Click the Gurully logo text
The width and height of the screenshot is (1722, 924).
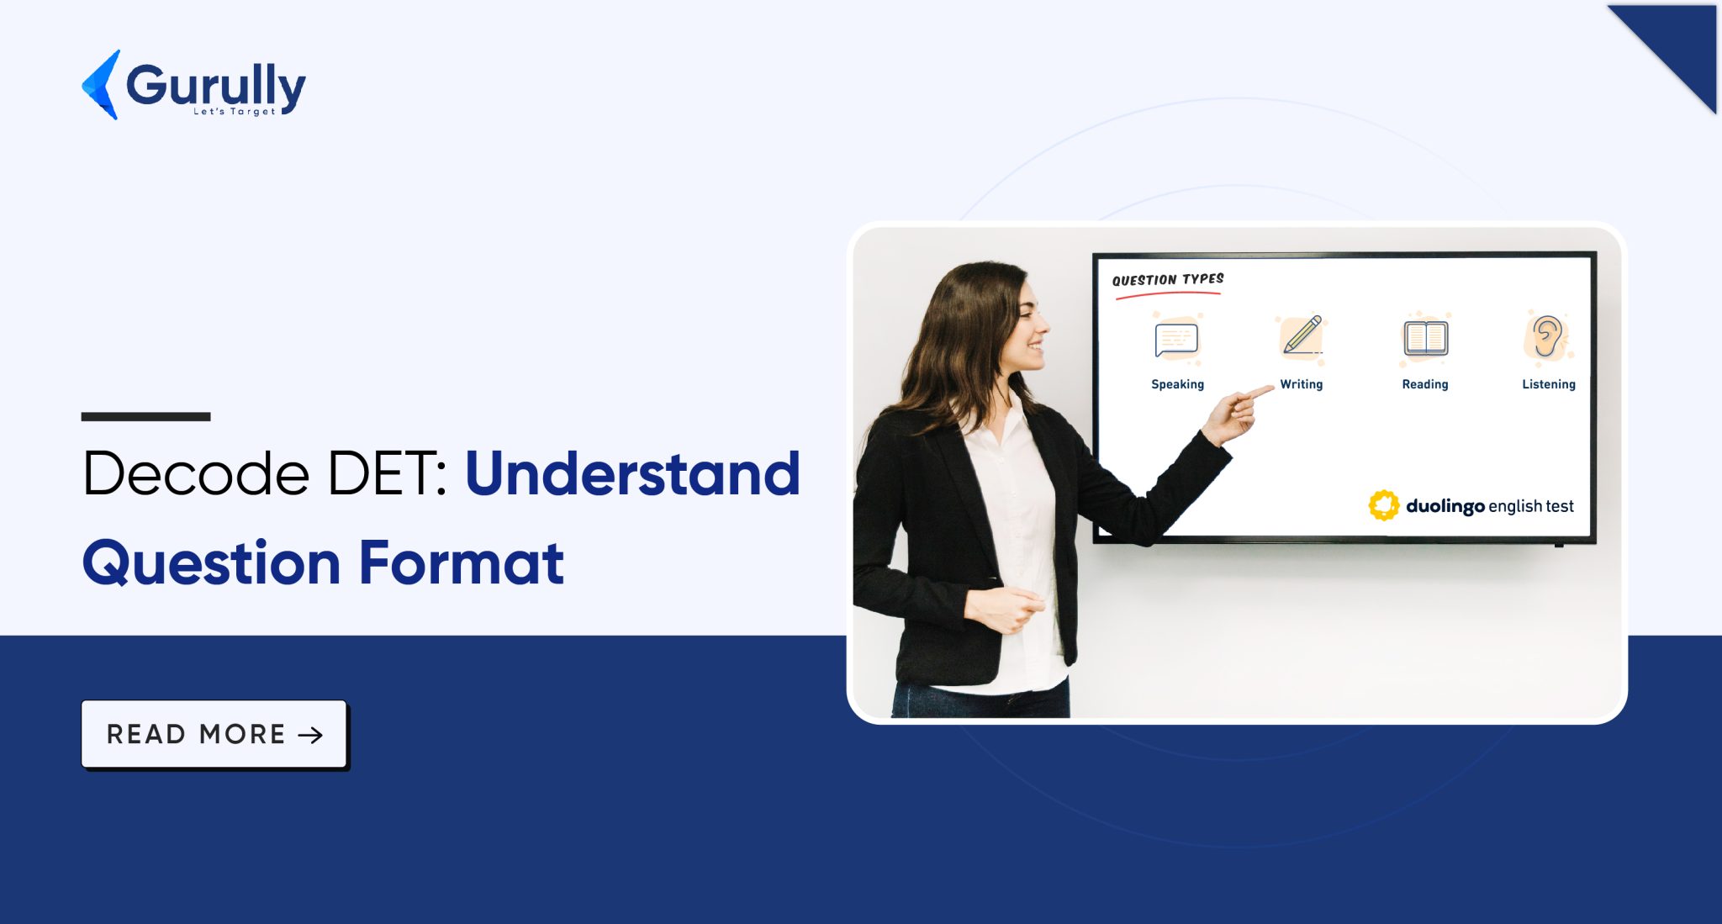216,87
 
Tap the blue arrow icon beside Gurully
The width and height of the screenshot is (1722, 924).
101,84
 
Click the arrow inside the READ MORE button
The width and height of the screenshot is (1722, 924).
310,735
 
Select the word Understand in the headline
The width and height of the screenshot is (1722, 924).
632,473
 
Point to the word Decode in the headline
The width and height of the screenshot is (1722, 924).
196,473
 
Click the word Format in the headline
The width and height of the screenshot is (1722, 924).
462,562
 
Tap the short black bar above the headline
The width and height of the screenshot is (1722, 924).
145,416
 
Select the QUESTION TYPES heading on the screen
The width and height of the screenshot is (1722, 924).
1168,279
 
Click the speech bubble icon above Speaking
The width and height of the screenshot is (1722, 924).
1176,339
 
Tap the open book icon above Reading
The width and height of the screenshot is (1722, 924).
1425,338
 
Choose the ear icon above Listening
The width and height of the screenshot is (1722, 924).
1547,336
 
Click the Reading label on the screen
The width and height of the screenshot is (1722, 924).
1425,384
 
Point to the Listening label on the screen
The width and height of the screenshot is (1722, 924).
1549,384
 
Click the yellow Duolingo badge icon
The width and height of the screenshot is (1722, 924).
1384,505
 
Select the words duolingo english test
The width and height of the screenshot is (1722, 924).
1490,506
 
